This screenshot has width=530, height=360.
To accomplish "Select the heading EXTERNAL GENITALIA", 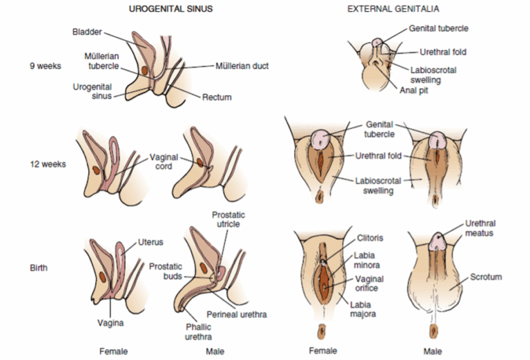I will click(x=383, y=9).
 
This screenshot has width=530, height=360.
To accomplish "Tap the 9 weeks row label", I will click(x=45, y=66).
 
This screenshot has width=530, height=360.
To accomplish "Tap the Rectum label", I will click(x=217, y=97).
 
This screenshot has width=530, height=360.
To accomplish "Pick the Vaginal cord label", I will click(x=166, y=161).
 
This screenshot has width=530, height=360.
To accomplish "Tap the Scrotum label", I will click(x=486, y=277).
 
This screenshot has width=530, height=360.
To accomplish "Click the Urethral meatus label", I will click(x=480, y=228).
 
